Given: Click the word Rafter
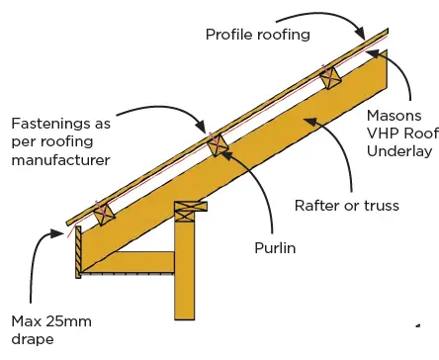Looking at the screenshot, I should tap(319, 206).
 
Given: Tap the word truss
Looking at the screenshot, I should tap(381, 206).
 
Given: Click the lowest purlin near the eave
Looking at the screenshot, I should tap(103, 211).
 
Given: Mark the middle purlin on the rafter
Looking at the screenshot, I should tap(217, 144).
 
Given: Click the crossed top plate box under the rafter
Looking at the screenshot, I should tap(190, 211).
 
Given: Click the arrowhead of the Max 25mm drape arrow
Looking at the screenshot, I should tap(55, 233).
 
